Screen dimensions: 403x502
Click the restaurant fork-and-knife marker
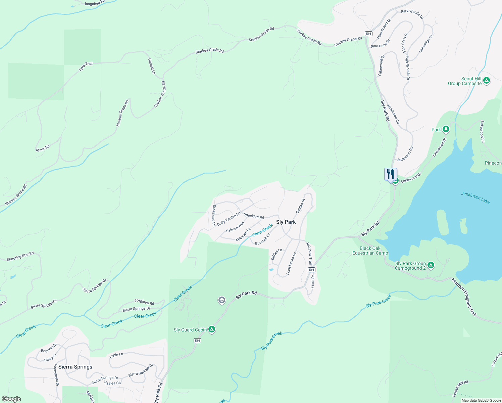coord(391,174)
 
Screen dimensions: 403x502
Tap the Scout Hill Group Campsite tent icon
coord(487,81)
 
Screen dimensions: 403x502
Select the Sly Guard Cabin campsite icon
coord(211,329)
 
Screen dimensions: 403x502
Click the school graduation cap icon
coord(221,300)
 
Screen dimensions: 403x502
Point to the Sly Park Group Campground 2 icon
coord(431,265)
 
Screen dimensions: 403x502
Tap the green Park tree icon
coord(446,129)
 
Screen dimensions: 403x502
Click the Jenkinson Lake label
coord(475,198)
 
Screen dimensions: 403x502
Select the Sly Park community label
coord(286,222)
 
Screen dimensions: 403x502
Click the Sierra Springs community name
coord(75,367)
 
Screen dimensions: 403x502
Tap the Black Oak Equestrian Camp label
coord(370,251)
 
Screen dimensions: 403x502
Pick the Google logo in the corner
coord(11,399)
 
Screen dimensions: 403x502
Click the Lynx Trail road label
coord(86,66)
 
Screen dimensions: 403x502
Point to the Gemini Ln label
coord(152,66)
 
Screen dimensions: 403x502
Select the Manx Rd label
coord(43,148)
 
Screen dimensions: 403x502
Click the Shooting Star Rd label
coord(20,257)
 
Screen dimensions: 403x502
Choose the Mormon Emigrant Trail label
coord(464,297)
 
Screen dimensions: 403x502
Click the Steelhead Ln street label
coord(214,216)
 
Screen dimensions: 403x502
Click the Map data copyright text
coord(481,400)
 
